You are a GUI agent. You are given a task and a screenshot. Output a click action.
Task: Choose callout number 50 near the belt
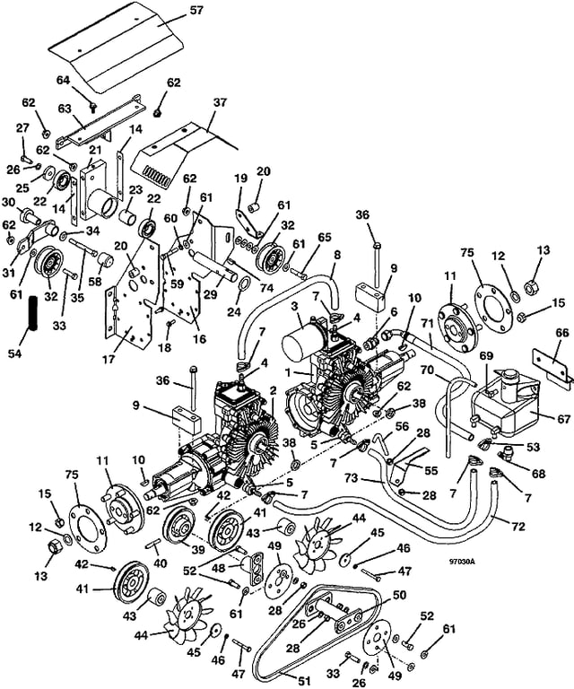[x=400, y=595]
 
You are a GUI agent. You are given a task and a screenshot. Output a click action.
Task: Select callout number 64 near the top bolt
[x=64, y=80]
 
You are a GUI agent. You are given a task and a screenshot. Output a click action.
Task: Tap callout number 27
[x=23, y=129]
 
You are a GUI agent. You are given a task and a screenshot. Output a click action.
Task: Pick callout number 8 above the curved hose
[x=337, y=255]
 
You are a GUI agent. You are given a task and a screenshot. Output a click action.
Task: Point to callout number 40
[x=161, y=563]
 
